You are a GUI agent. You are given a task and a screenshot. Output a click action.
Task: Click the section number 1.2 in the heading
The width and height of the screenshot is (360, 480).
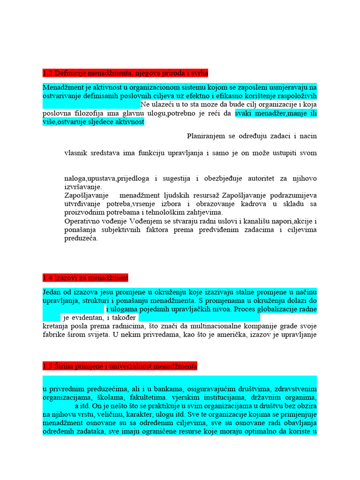point(47,73)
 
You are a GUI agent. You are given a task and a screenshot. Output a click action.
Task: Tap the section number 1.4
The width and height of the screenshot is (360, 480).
point(47,278)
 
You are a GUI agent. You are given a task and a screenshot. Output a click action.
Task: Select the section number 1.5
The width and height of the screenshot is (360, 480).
point(47,366)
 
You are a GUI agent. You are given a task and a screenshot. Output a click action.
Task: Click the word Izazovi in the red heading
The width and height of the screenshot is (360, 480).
point(67,278)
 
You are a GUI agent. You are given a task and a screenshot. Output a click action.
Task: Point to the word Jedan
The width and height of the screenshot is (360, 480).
point(52,292)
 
